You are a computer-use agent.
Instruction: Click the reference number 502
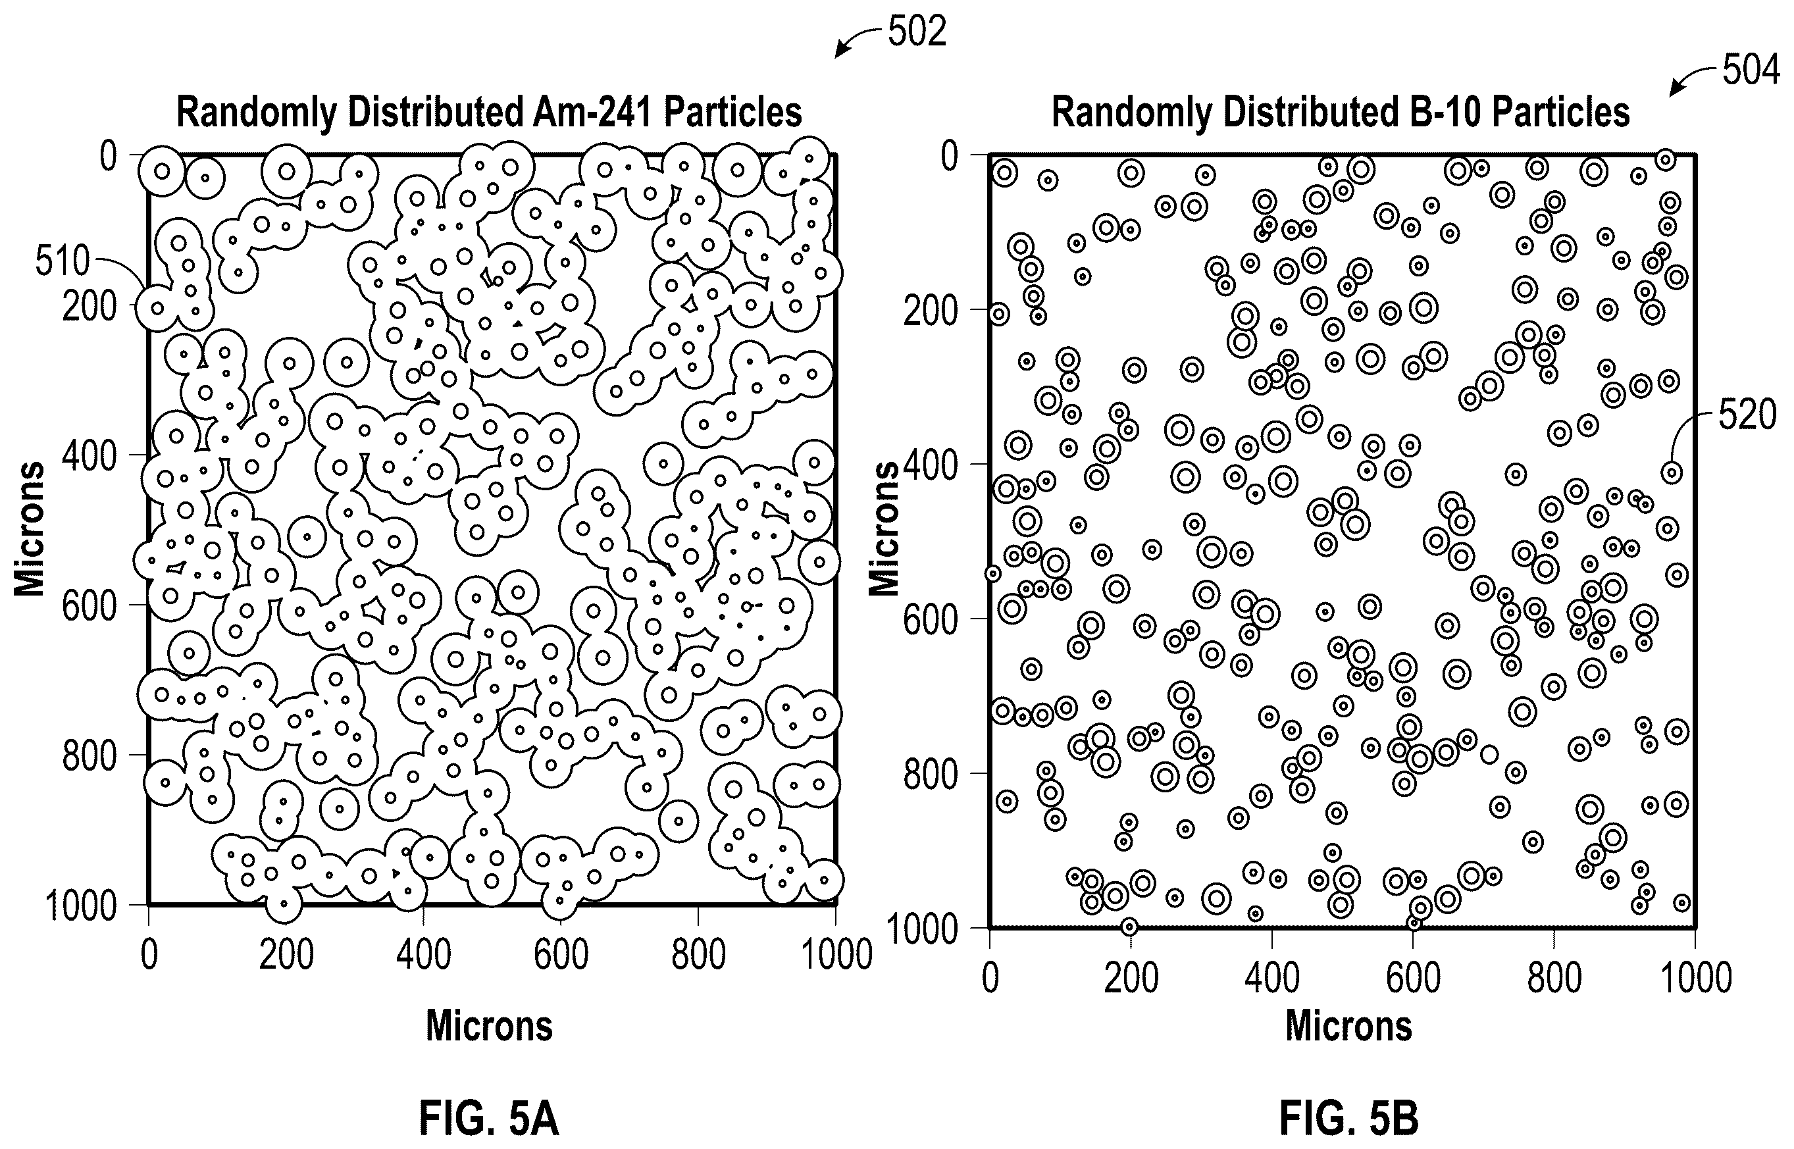[x=917, y=32]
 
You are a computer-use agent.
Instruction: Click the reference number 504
[x=1751, y=71]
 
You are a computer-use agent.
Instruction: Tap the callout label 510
[x=62, y=261]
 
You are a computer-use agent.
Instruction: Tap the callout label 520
[x=1748, y=415]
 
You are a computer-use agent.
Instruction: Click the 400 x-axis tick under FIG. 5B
[x=1272, y=978]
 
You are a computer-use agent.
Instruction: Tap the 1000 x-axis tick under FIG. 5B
[x=1695, y=978]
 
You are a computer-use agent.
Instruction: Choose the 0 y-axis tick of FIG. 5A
[x=109, y=156]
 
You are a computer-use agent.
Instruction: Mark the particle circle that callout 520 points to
[x=1671, y=472]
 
